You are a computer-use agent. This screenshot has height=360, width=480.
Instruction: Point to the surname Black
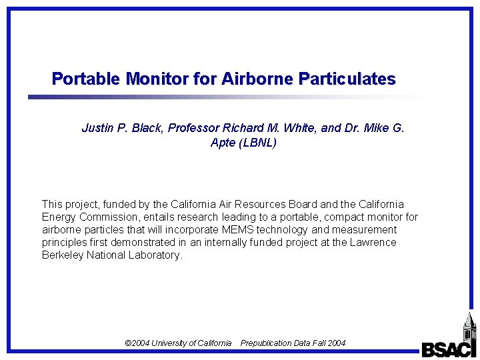pos(147,128)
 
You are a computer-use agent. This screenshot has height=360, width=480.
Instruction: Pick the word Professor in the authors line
pos(194,128)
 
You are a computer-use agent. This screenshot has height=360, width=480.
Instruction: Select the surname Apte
pos(223,143)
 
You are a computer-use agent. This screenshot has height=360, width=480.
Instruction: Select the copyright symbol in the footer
pos(129,343)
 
